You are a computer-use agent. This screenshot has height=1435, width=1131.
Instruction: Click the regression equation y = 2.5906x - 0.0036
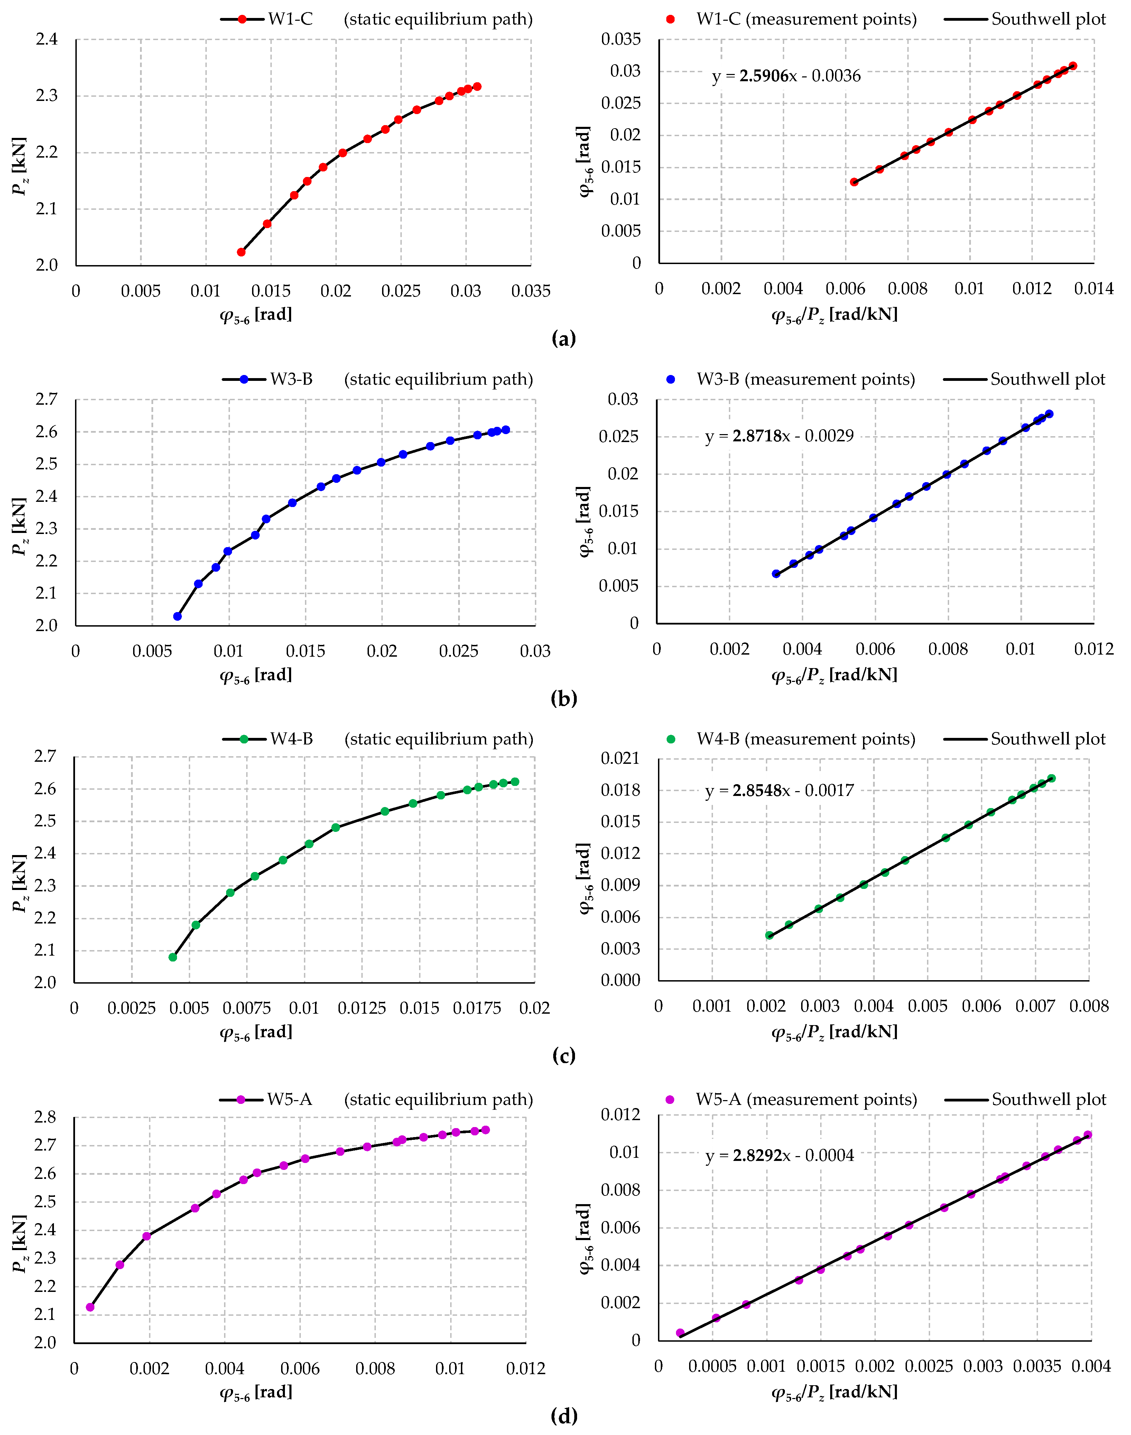click(x=786, y=76)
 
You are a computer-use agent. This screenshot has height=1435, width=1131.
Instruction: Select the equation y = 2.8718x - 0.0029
click(x=779, y=436)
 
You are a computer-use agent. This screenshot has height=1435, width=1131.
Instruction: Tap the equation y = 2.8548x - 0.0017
click(x=779, y=790)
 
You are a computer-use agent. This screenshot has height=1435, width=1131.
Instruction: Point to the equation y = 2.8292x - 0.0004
click(x=779, y=1156)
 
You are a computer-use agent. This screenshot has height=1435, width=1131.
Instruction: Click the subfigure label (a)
click(x=564, y=339)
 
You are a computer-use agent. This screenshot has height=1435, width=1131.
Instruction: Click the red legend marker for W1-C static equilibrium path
click(x=242, y=19)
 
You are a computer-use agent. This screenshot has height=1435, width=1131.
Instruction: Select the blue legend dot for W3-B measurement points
click(x=671, y=379)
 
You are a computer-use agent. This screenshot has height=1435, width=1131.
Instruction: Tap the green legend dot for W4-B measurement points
click(x=671, y=739)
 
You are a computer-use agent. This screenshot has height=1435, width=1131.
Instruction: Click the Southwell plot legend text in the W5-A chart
click(x=1049, y=1099)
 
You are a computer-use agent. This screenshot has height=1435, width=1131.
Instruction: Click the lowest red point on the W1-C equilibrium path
click(x=241, y=252)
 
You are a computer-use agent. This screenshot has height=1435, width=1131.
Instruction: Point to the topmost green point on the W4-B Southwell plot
click(x=1051, y=778)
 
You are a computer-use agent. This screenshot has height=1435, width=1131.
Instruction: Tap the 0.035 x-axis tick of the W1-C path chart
click(x=530, y=291)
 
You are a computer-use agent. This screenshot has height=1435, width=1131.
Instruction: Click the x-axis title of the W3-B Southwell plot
click(x=834, y=675)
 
